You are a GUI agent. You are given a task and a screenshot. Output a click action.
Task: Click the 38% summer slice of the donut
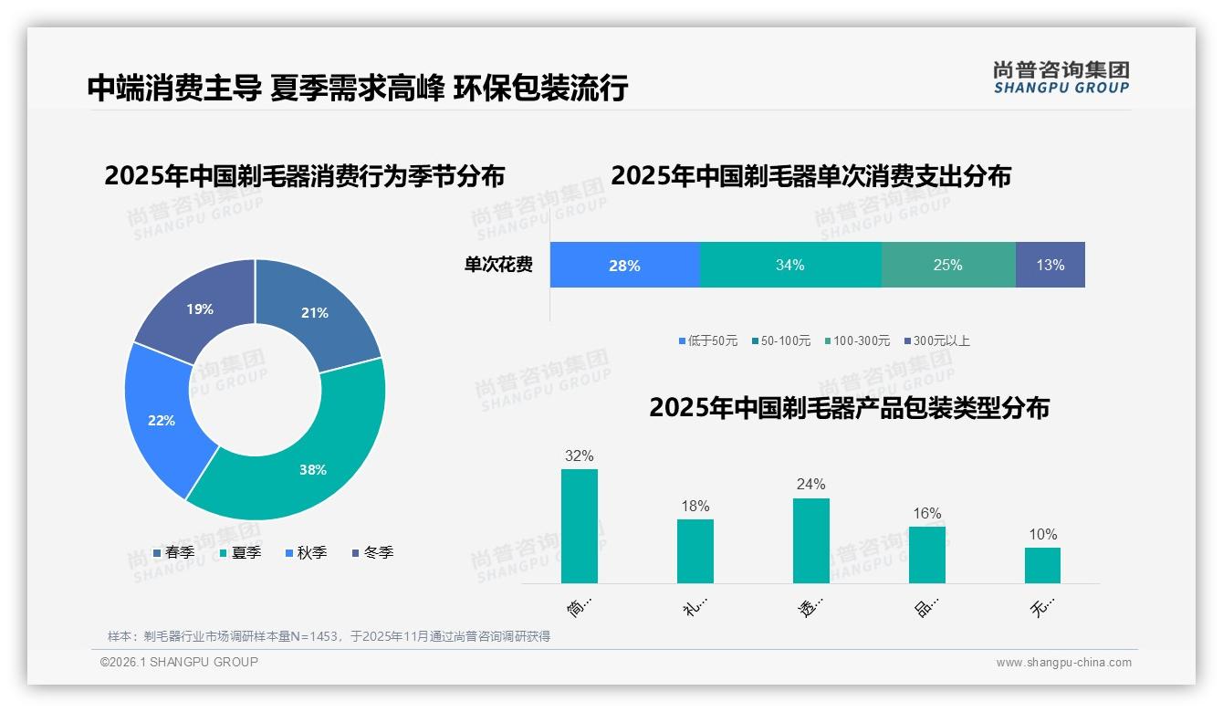coord(310,466)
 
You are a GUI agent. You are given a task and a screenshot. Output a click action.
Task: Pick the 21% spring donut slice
coord(315,310)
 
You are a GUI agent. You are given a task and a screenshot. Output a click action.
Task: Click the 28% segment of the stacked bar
coord(624,266)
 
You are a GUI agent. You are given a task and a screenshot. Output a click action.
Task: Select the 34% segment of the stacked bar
coord(790,266)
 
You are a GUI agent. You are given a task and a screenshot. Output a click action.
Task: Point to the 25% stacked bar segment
coord(948,266)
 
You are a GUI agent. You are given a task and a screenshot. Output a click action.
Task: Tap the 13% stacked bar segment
coord(1051,266)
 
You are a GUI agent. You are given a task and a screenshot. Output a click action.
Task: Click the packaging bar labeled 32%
coord(580,526)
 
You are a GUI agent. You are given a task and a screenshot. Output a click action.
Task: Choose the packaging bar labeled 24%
coord(810,540)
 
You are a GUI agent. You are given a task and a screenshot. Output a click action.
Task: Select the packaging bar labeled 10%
coord(1042,565)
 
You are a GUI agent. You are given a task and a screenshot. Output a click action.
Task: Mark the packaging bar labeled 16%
coord(927,554)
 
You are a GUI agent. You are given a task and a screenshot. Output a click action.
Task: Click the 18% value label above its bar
coord(695,507)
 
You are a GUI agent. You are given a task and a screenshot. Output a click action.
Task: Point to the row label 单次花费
coord(498,266)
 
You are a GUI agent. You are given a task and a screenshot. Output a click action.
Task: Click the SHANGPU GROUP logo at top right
coord(1061,78)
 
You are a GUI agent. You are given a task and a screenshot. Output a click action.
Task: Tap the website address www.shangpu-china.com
coord(1063,663)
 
